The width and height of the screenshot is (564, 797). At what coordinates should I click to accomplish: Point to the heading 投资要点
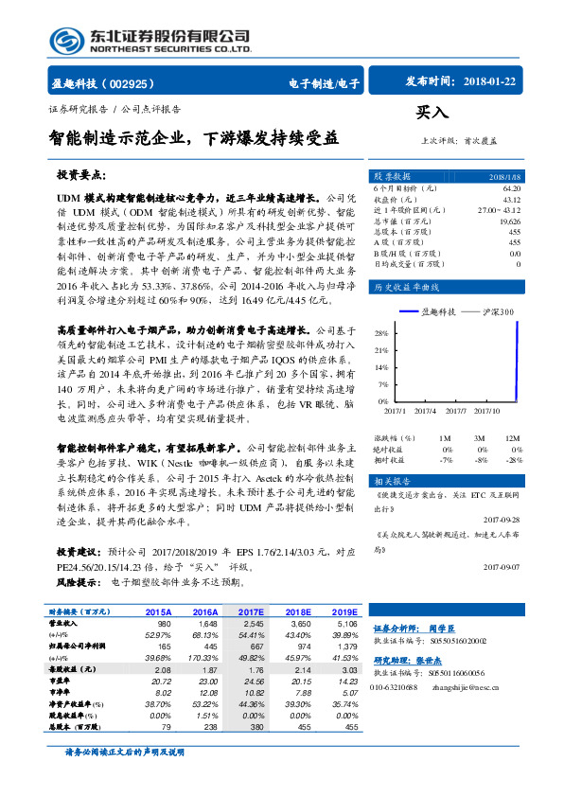coord(80,176)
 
